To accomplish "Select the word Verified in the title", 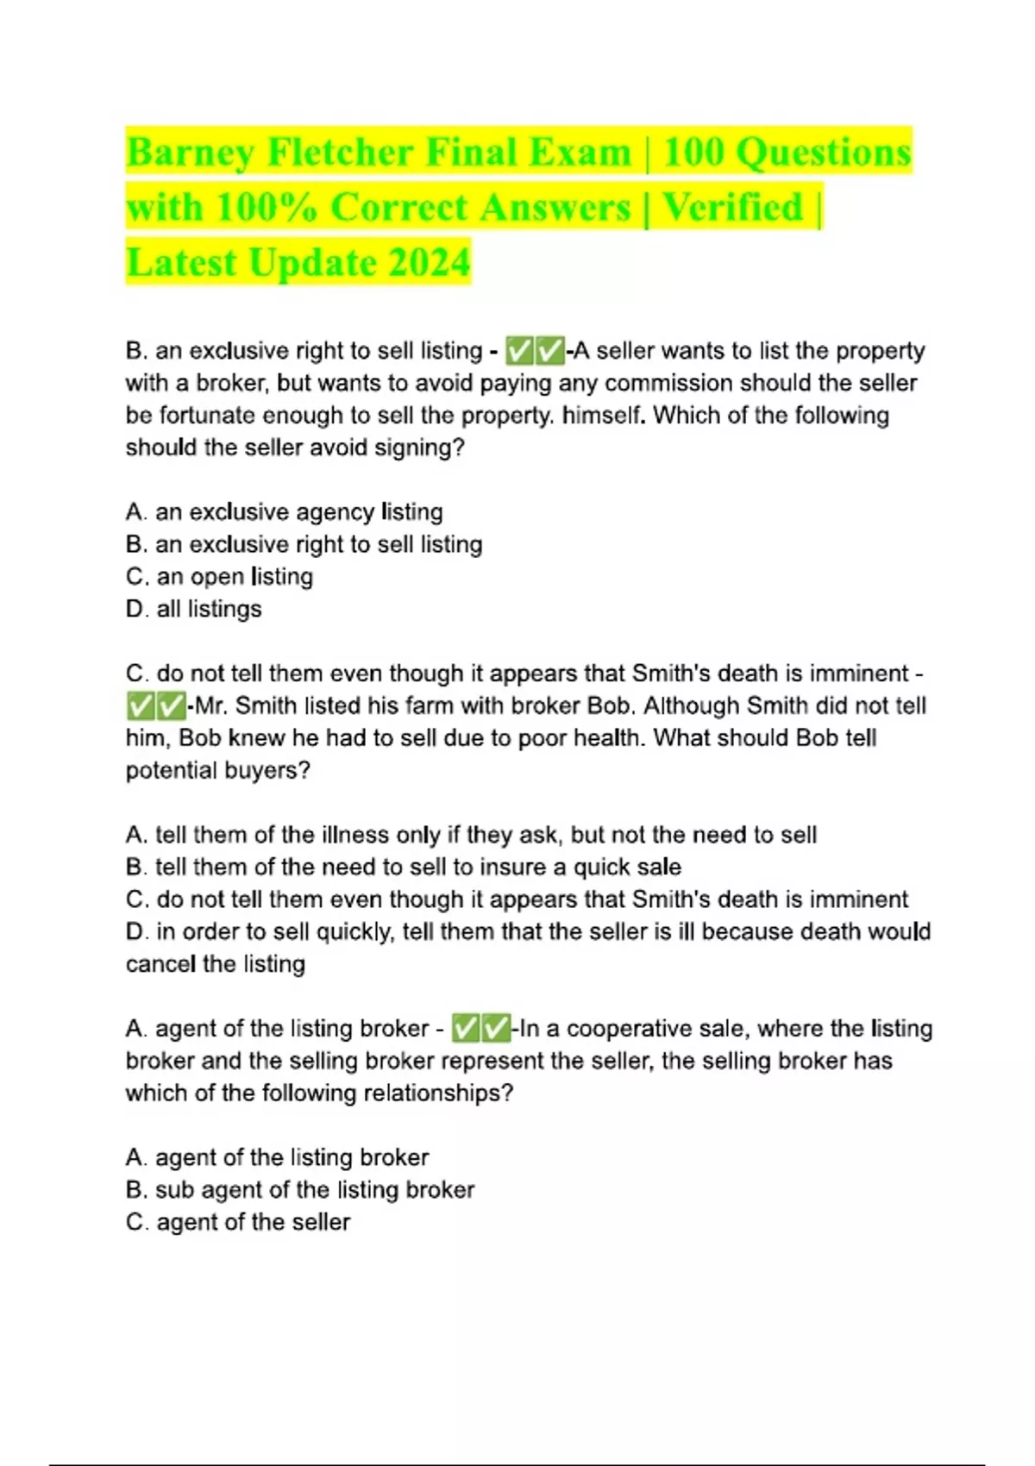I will pyautogui.click(x=732, y=208).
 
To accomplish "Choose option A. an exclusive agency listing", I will pyautogui.click(x=284, y=512).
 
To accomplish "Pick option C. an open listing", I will pyautogui.click(x=219, y=577).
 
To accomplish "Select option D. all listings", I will pyautogui.click(x=193, y=609).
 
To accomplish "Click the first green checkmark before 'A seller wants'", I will pyautogui.click(x=519, y=351).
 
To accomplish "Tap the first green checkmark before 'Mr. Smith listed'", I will pyautogui.click(x=140, y=706).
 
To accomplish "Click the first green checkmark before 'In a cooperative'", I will pyautogui.click(x=466, y=1029).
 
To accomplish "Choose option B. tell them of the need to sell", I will pyautogui.click(x=403, y=868).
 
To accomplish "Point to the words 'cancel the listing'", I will pyautogui.click(x=215, y=964).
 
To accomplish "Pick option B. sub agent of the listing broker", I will pyautogui.click(x=299, y=1190).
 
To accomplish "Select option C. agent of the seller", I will pyautogui.click(x=237, y=1222).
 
